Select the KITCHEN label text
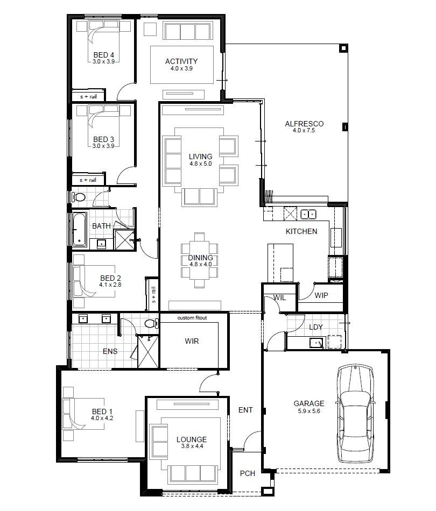pos(301,231)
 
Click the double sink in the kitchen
pos(308,214)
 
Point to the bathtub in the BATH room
pos(79,229)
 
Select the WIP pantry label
pos(321,295)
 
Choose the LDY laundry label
pos(315,327)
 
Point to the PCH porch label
pos(247,474)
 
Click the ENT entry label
pos(245,410)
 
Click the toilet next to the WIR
pos(150,324)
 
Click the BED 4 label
pos(103,54)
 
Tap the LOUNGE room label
pos(191,439)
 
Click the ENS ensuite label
pos(110,352)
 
